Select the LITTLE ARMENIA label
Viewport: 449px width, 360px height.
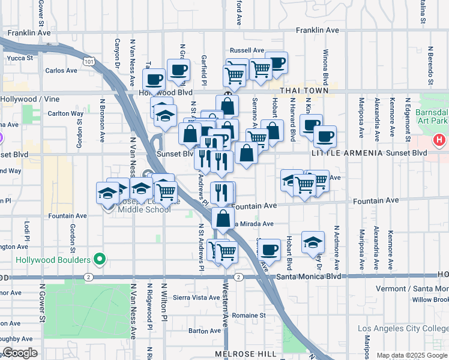[x=347, y=153]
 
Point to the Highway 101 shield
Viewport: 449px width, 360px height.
[x=89, y=62]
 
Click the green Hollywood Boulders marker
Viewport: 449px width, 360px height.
[x=100, y=260]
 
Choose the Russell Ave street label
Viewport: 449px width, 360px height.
[x=247, y=50]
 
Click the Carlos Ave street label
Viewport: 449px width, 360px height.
[x=61, y=70]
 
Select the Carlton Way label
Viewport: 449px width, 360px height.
[x=65, y=113]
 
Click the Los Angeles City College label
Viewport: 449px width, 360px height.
[x=403, y=328]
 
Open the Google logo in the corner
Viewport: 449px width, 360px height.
[x=20, y=353]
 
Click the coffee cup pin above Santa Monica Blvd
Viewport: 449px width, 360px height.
[x=270, y=250]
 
